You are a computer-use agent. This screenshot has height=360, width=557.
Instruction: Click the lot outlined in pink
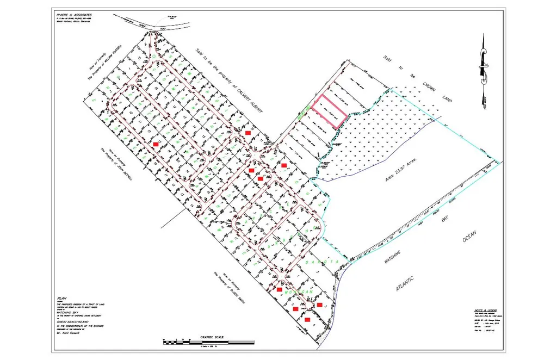coord(332,111)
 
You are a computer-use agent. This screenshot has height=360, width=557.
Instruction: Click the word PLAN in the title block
coord(61,299)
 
